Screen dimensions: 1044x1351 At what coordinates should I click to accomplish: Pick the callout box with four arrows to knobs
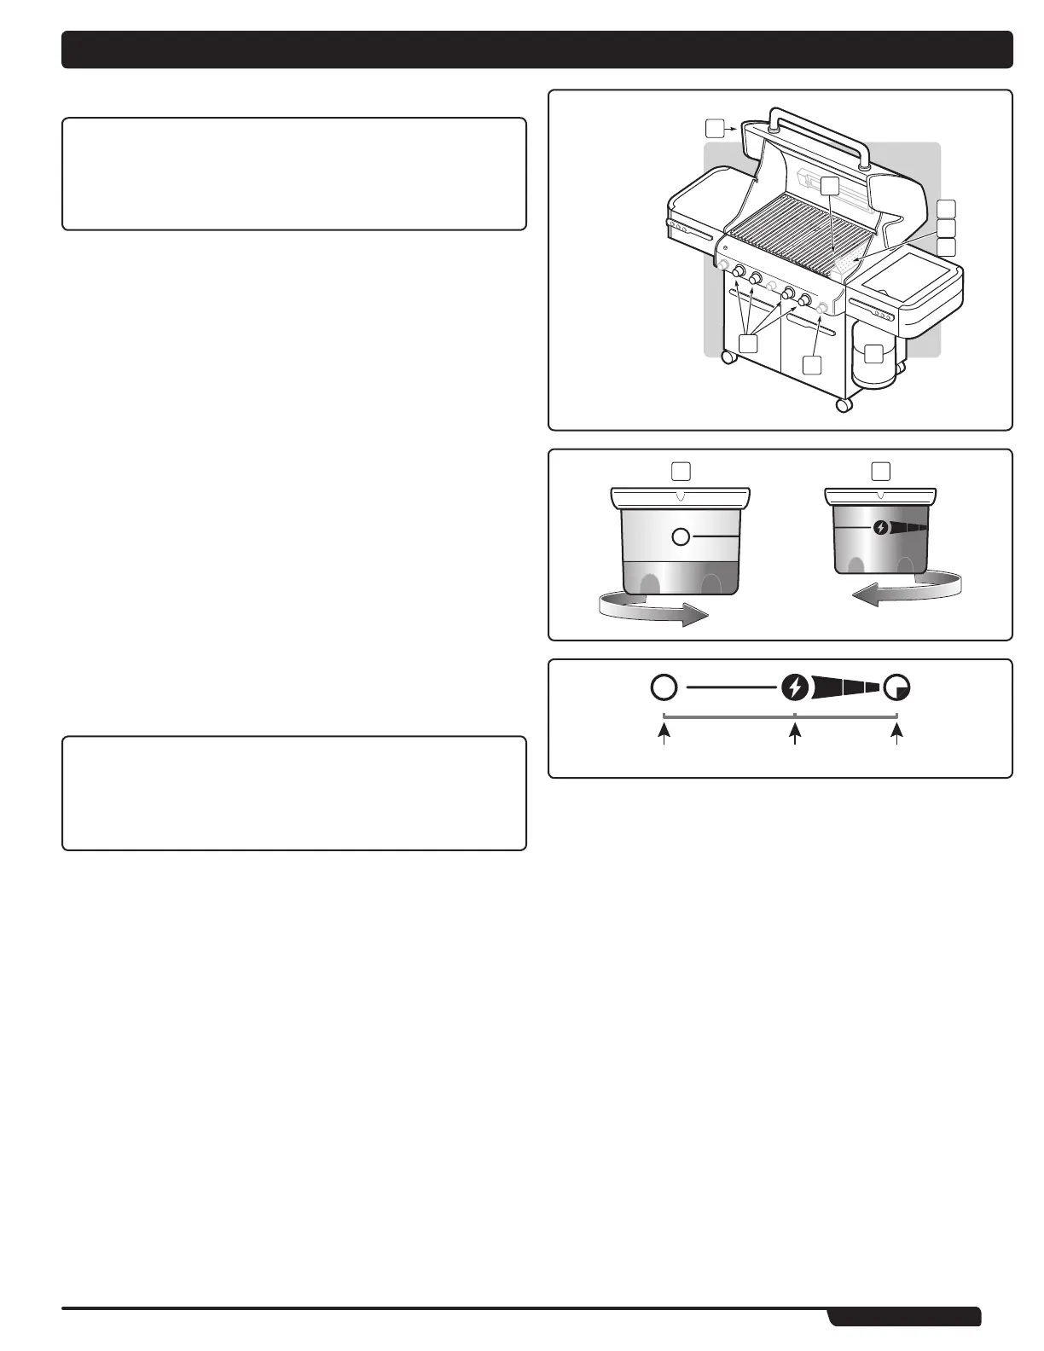coord(748,343)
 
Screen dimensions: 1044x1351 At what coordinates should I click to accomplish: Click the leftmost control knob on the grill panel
coord(739,273)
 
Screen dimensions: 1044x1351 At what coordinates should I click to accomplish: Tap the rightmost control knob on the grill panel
coord(804,299)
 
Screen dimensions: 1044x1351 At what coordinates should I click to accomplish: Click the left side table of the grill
coord(695,217)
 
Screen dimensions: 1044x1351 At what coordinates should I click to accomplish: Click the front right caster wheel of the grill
coord(844,404)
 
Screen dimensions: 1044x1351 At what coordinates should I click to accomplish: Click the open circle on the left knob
coord(681,536)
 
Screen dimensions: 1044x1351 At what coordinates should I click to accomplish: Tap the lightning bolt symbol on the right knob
coord(880,528)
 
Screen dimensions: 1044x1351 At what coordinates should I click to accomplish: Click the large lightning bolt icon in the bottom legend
coord(795,687)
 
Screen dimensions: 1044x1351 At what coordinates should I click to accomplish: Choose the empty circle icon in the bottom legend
coord(664,687)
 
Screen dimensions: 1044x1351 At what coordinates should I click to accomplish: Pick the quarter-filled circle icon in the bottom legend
coord(897,687)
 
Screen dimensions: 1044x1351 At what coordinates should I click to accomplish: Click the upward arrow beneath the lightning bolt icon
coord(795,734)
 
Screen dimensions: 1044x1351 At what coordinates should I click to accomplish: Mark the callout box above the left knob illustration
coord(681,470)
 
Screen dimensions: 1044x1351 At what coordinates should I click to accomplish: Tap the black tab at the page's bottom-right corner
coord(905,1317)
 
